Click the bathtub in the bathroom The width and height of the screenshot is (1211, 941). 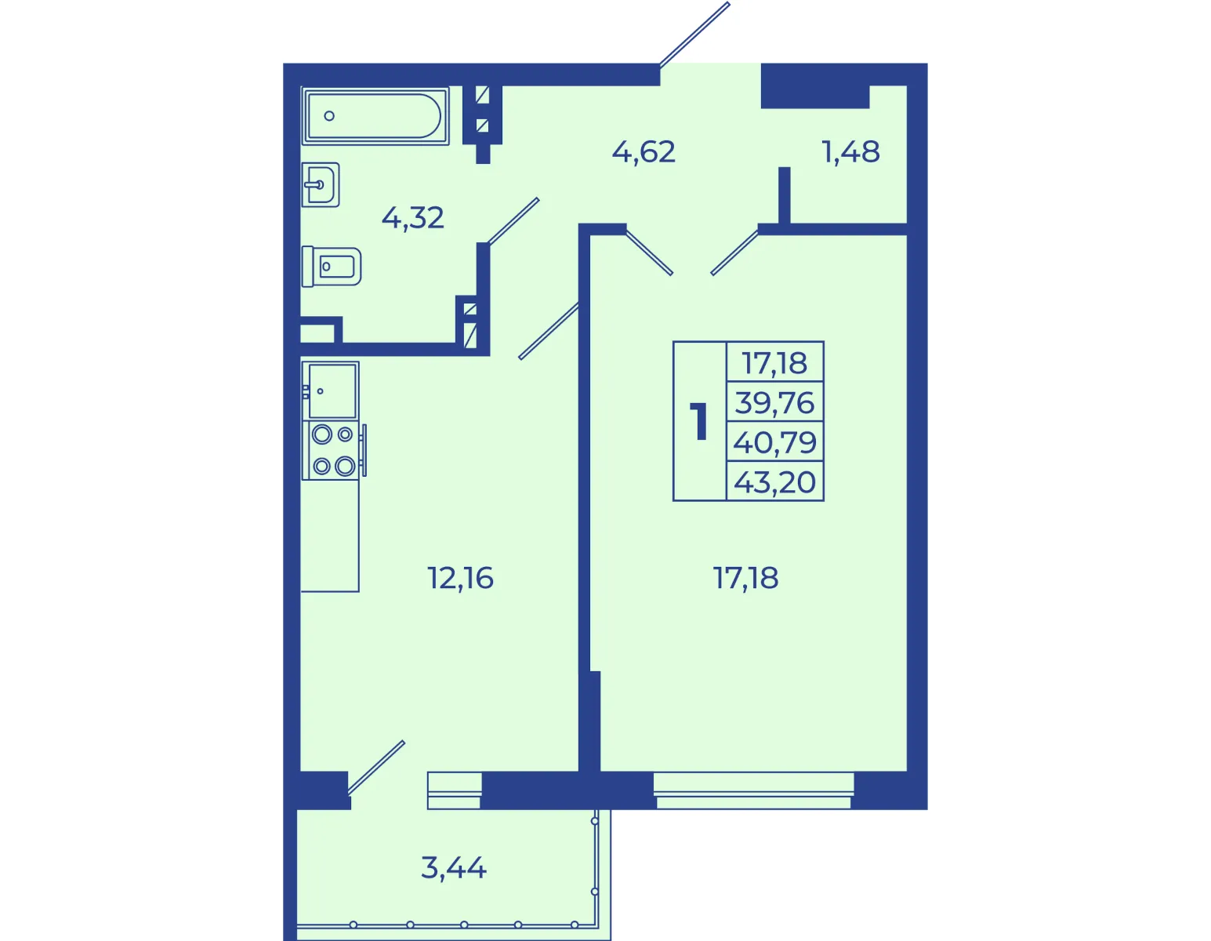[x=375, y=116]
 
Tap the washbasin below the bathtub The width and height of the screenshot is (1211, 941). [x=321, y=184]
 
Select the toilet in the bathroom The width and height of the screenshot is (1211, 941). [x=331, y=267]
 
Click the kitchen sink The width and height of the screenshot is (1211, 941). [x=331, y=391]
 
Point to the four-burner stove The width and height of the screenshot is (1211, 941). [x=333, y=450]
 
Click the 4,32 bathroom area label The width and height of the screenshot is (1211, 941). [x=413, y=218]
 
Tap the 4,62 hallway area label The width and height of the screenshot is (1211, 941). [x=644, y=151]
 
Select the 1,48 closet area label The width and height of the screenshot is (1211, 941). [x=851, y=151]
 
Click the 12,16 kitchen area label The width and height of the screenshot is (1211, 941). [x=460, y=578]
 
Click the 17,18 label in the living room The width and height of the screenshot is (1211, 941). [x=745, y=578]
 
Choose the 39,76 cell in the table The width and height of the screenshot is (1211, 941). [x=774, y=402]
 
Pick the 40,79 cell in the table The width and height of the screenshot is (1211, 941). [x=774, y=442]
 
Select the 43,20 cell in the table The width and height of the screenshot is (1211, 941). [x=774, y=481]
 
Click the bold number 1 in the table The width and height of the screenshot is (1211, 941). [x=699, y=421]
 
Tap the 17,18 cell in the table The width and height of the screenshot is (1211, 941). [x=774, y=362]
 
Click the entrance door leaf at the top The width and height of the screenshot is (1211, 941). [x=694, y=34]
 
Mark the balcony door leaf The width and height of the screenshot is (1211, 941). [x=376, y=767]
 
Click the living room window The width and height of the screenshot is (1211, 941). [x=753, y=790]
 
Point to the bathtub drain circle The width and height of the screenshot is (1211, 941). [x=329, y=116]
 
